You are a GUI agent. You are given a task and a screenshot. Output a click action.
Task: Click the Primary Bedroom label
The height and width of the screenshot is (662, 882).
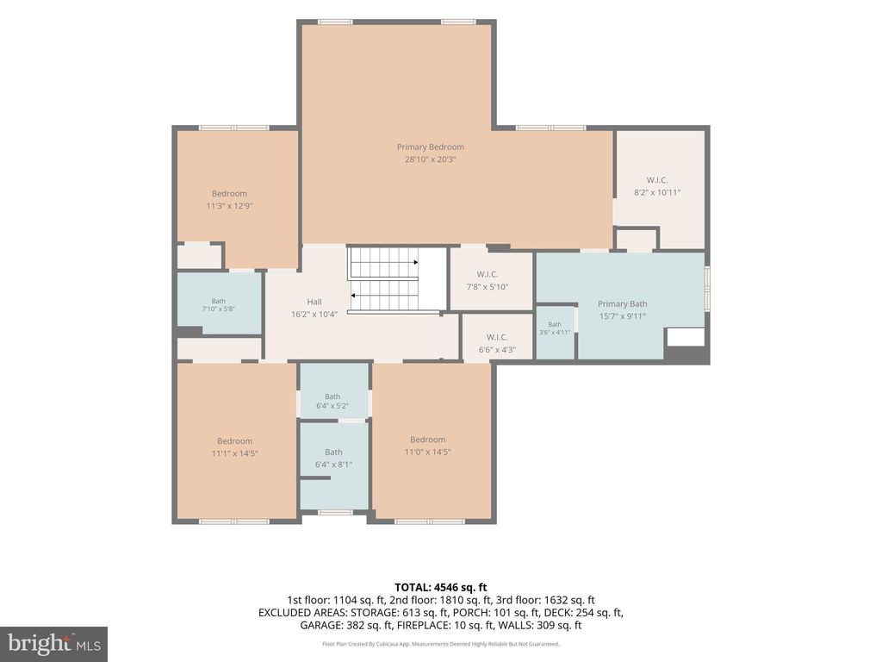point(431,147)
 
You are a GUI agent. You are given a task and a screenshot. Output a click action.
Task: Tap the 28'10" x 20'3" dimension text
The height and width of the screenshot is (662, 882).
point(431,159)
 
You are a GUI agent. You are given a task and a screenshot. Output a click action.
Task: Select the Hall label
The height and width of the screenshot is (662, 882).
point(314,302)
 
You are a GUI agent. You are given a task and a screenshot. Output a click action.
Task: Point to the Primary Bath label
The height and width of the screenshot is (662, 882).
point(622,304)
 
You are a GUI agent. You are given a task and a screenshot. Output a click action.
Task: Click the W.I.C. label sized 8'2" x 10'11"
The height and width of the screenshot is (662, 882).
point(657,180)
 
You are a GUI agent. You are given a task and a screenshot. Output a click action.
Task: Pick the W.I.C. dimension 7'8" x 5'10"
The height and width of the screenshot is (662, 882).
point(488,286)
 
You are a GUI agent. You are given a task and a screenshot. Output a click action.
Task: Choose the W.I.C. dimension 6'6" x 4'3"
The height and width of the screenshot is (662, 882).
point(497,350)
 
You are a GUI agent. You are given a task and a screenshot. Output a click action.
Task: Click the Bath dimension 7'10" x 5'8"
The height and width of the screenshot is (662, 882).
point(218,309)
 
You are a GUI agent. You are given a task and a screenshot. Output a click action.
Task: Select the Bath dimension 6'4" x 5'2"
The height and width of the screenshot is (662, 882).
point(332,406)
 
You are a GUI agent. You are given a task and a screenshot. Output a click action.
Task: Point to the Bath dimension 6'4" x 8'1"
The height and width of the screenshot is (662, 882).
point(333,465)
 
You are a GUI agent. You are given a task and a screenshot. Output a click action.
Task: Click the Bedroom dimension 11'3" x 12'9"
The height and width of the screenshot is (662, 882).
point(229,206)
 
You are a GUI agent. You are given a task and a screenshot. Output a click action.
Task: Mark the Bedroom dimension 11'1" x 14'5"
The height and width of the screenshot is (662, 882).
point(234,453)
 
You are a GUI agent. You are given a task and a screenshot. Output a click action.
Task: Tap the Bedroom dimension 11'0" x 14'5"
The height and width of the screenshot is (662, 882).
point(427,452)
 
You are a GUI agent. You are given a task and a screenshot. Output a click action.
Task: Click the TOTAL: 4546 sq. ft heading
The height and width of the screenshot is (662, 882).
point(440,588)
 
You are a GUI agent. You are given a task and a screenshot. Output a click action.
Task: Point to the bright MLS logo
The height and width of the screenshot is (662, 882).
point(54,643)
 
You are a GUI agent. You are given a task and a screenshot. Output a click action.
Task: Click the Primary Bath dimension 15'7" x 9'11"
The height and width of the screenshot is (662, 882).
point(622,316)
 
